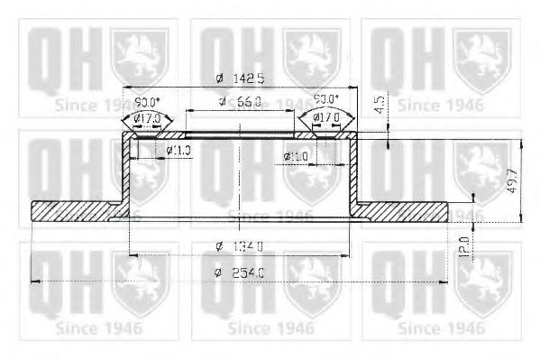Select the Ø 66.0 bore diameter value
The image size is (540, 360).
tap(241, 101)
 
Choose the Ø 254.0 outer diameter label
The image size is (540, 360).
tap(241, 274)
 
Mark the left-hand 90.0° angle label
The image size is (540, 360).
tap(147, 101)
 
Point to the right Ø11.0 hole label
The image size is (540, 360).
tap(295, 156)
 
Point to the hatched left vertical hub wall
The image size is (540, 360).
tap(128, 171)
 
